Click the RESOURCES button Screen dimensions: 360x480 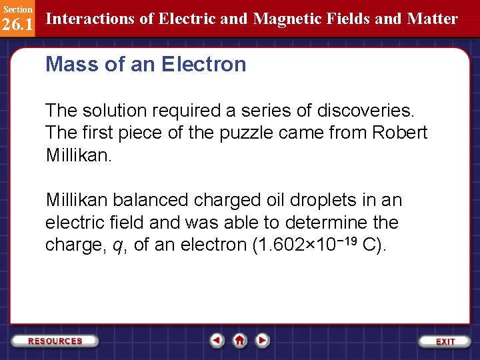point(55,341)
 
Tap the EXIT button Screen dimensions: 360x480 point(445,341)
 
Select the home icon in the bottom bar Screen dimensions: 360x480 point(239,340)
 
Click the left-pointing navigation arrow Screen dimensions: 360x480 point(217,340)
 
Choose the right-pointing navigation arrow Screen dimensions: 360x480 point(263,340)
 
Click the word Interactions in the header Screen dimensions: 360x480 point(89,19)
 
